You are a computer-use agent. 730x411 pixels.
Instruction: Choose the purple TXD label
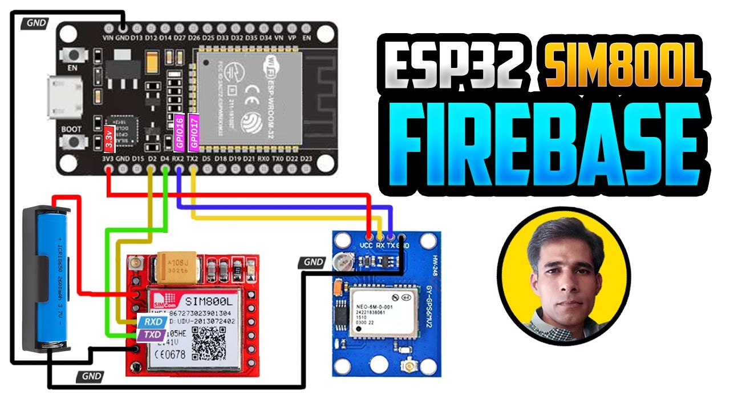pyautogui.click(x=152, y=335)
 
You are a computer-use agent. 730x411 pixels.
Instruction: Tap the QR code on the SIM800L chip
pyautogui.click(x=208, y=344)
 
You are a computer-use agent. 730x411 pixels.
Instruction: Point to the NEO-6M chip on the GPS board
pyautogui.click(x=376, y=312)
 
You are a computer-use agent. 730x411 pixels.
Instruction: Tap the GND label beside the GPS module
pyautogui.click(x=313, y=262)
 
